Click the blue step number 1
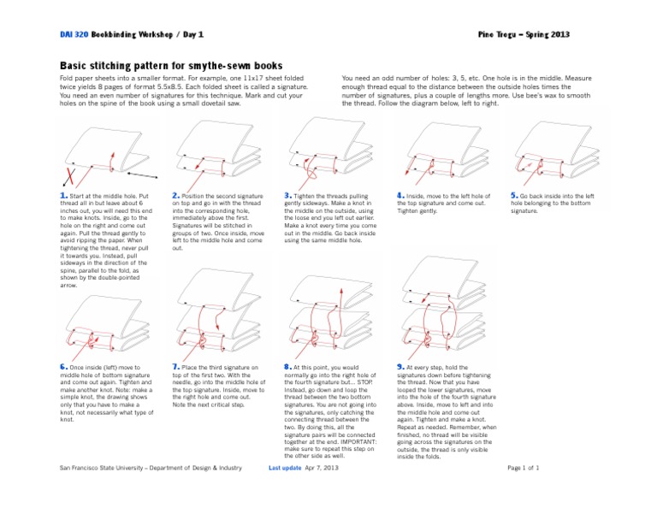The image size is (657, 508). point(62,196)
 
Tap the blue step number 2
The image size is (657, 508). point(175,196)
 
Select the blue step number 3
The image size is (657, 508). point(287,196)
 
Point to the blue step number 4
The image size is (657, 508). point(400,196)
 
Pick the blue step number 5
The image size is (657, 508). point(513,196)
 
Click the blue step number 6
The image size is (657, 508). point(63,367)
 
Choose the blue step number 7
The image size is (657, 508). point(175,367)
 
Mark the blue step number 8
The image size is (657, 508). point(287,367)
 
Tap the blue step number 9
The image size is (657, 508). point(400,367)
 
